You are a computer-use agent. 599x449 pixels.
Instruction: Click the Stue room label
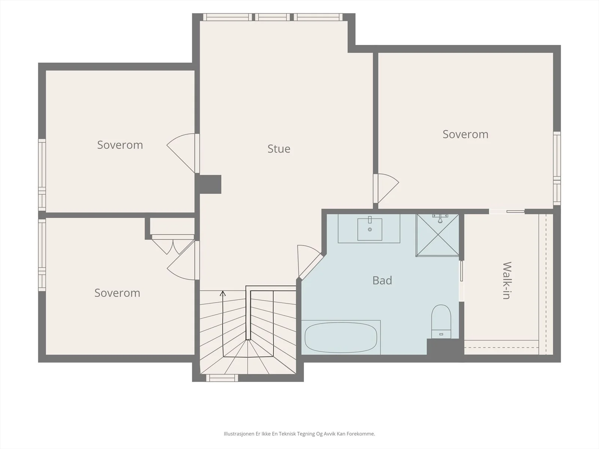(x=279, y=149)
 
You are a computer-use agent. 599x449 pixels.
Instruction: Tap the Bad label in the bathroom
(x=382, y=280)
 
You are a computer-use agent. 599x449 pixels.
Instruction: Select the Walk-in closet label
(x=507, y=281)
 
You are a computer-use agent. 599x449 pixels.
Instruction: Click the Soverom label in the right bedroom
(x=465, y=134)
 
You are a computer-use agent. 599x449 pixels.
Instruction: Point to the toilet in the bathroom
(x=441, y=321)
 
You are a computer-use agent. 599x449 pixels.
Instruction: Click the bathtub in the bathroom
(x=341, y=337)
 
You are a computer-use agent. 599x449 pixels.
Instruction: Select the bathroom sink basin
(x=370, y=229)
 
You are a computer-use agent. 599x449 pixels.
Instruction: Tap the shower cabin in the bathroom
(x=437, y=235)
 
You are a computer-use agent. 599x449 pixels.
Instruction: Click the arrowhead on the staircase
(x=223, y=294)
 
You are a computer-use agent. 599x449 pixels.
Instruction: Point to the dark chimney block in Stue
(x=208, y=184)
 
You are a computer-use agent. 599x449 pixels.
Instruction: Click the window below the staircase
(x=222, y=378)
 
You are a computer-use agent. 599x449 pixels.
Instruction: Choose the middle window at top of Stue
(x=272, y=17)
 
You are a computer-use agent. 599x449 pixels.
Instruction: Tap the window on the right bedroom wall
(x=557, y=168)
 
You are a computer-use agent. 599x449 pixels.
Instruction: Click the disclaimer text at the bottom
(x=299, y=434)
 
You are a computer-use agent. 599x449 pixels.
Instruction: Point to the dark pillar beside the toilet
(x=446, y=346)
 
